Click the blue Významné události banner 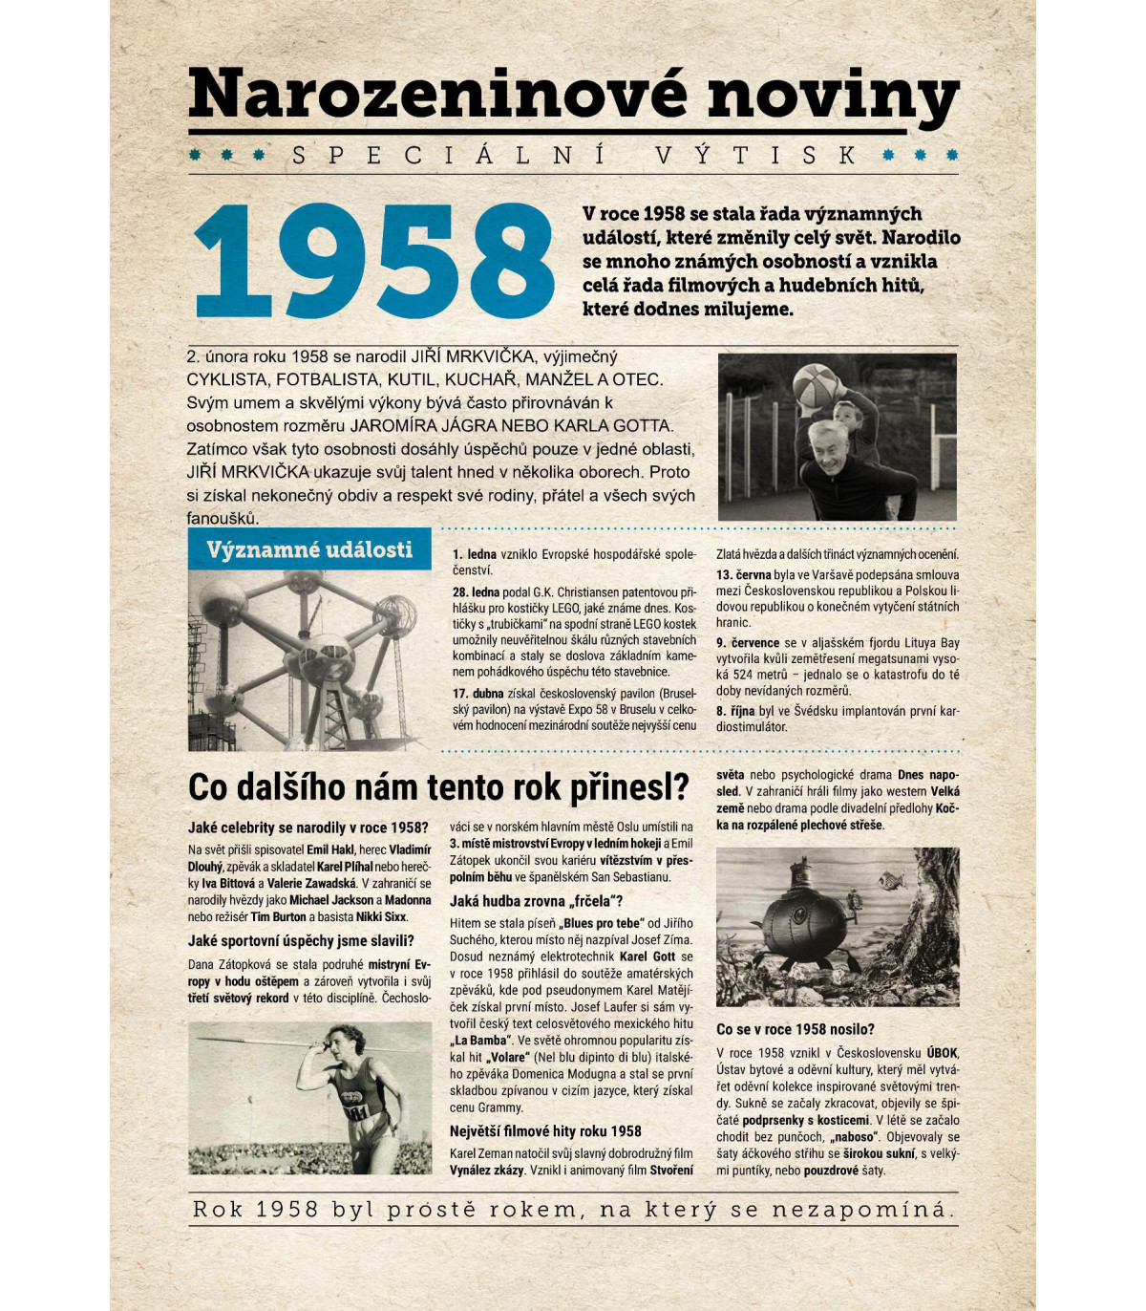(x=309, y=550)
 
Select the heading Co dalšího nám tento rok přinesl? (x=438, y=787)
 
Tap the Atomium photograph (x=308, y=659)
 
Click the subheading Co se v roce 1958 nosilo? (x=795, y=1029)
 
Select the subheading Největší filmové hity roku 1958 (x=545, y=1131)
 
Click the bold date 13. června (x=743, y=575)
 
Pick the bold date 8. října (x=735, y=711)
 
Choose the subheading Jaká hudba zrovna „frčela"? (x=536, y=901)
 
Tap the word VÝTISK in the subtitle (x=757, y=156)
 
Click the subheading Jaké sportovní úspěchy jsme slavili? (x=301, y=941)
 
